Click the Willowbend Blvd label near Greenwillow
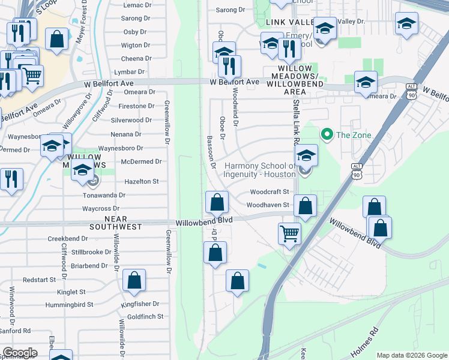point(204,221)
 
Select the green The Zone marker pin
point(327,134)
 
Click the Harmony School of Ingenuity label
point(260,170)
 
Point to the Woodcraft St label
point(270,192)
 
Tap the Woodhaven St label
point(268,205)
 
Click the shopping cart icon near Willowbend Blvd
point(290,233)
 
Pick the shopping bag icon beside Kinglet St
point(134,280)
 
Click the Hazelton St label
point(141,181)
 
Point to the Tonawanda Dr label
point(104,195)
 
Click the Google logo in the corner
point(20,353)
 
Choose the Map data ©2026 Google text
point(411,355)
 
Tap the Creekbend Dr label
point(68,238)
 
